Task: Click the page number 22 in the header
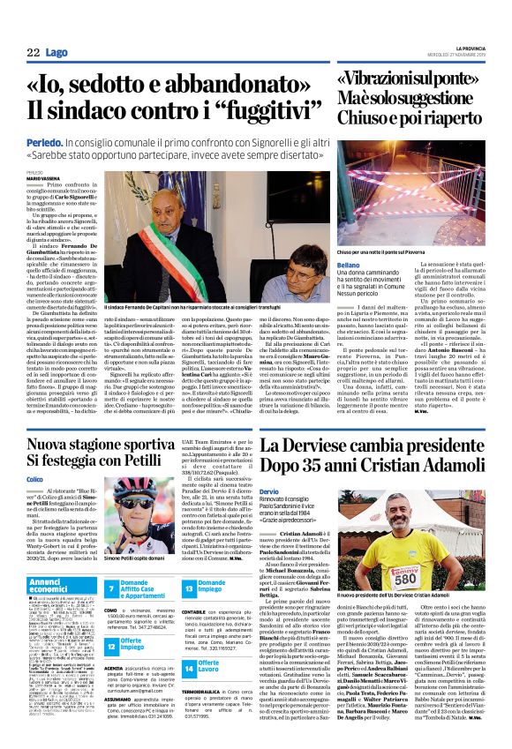(33, 53)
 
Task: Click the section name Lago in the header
(57, 53)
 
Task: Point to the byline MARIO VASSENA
(42, 177)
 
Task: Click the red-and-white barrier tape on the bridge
(397, 203)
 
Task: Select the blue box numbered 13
(188, 586)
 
